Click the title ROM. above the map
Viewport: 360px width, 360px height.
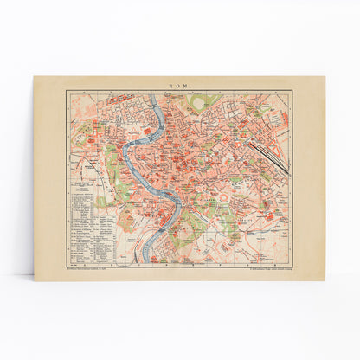180,85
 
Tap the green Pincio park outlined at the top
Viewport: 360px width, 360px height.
202,101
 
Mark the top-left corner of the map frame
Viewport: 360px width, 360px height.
67,91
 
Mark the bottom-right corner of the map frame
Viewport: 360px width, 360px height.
292,264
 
